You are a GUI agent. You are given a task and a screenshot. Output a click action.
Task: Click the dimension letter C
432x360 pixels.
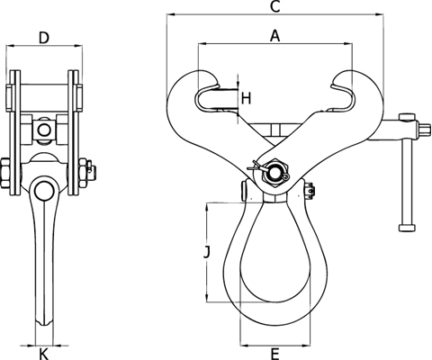(x=275, y=8)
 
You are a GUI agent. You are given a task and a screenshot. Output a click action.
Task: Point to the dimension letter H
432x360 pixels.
(x=246, y=96)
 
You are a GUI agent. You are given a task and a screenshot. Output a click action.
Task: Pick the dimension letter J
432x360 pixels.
(x=206, y=253)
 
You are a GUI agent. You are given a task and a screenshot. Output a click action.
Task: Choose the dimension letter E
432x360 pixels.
(x=274, y=353)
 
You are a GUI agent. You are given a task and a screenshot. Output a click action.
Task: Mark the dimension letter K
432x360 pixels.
(x=43, y=353)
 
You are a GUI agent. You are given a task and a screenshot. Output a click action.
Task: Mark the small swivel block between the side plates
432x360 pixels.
(x=43, y=132)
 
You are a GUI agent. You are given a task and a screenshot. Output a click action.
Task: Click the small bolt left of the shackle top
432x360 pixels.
(x=244, y=191)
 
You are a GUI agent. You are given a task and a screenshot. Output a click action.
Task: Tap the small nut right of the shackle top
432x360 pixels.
(x=310, y=190)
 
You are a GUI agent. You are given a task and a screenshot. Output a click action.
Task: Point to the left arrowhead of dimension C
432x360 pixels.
(x=171, y=16)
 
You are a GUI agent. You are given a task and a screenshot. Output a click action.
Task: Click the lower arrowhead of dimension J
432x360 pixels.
(x=212, y=299)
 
